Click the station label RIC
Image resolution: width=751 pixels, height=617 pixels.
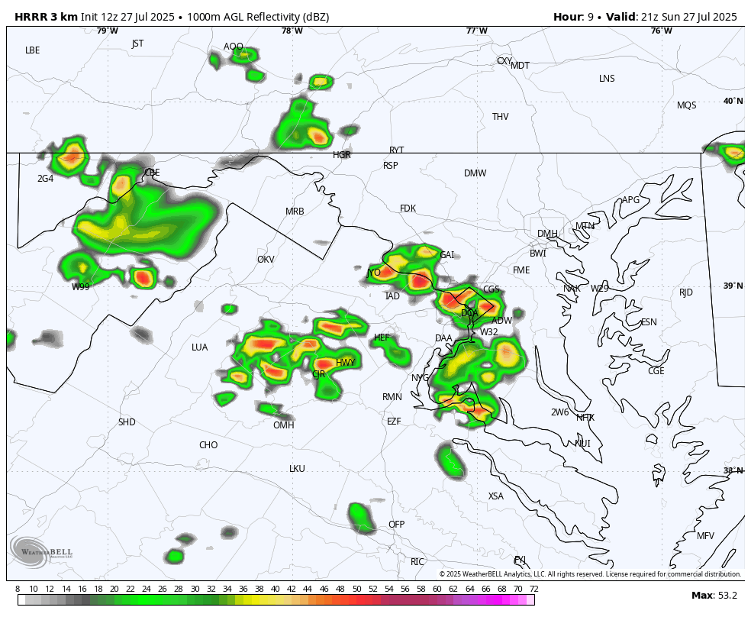417,562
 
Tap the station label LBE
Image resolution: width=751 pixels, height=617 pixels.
32,50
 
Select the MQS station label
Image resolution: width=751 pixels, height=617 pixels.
686,105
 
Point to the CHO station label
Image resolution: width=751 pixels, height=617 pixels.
208,445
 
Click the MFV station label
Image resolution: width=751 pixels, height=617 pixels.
705,536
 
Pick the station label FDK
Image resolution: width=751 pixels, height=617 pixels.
408,208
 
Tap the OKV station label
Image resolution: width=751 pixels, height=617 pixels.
266,260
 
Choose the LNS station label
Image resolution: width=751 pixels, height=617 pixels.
607,79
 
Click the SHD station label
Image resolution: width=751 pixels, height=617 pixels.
127,422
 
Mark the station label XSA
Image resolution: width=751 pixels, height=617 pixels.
496,496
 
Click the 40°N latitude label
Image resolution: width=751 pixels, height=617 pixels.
733,102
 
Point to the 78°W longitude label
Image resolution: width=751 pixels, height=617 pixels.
292,31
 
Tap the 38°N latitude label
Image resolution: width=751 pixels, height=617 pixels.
733,470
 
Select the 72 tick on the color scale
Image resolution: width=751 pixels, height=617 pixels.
534,589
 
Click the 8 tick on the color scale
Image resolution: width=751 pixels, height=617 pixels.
18,589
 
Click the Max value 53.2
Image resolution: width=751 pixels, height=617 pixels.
726,596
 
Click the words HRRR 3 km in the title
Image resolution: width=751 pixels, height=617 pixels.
42,17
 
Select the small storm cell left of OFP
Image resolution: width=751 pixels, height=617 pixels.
361,517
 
